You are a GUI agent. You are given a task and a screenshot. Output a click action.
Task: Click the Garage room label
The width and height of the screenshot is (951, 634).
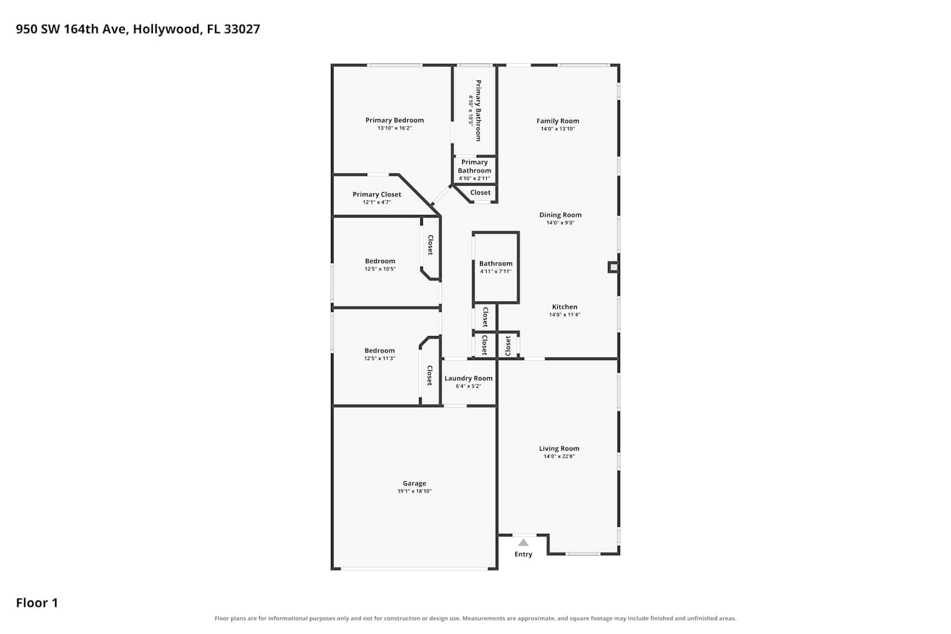(414, 483)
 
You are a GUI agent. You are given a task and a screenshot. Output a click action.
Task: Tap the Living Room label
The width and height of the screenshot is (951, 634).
(559, 448)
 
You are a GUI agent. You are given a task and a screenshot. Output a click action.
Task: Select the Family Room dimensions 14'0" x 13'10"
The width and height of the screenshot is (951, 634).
(557, 129)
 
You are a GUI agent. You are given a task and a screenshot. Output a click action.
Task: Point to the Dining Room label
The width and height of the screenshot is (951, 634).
(560, 215)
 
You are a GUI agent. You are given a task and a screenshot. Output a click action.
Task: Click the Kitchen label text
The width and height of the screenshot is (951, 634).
(564, 307)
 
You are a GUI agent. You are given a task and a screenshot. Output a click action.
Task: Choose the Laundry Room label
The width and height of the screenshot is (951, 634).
(469, 378)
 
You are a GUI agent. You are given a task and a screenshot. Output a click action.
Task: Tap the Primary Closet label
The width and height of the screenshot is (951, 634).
(377, 195)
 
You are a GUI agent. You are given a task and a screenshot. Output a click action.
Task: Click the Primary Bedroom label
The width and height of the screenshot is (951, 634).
(394, 120)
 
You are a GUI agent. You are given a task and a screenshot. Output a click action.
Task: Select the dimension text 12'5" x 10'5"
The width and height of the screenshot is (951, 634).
(380, 269)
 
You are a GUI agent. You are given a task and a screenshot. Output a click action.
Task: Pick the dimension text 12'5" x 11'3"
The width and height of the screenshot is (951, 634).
(380, 358)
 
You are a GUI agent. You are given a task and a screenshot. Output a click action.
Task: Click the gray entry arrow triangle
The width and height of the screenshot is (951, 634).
(523, 542)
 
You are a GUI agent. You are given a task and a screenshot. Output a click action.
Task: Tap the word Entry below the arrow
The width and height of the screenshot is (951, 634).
(523, 554)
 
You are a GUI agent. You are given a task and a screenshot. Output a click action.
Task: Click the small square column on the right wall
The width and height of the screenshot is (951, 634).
(613, 267)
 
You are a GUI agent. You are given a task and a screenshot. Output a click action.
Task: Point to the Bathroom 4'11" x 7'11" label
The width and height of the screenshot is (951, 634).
(496, 267)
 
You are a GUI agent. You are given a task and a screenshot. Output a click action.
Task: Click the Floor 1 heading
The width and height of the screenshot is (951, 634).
(37, 602)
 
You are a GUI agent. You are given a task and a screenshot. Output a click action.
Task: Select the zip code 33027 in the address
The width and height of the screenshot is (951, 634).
(242, 29)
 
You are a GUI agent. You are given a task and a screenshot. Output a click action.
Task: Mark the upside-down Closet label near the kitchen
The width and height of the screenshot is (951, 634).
(507, 346)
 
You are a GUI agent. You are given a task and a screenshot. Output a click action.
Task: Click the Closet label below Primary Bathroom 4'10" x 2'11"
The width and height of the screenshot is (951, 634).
(480, 192)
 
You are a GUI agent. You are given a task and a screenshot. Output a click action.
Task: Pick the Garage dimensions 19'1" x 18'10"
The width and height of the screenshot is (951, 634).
(415, 491)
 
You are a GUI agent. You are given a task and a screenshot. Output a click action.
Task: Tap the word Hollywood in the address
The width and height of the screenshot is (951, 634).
(166, 29)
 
